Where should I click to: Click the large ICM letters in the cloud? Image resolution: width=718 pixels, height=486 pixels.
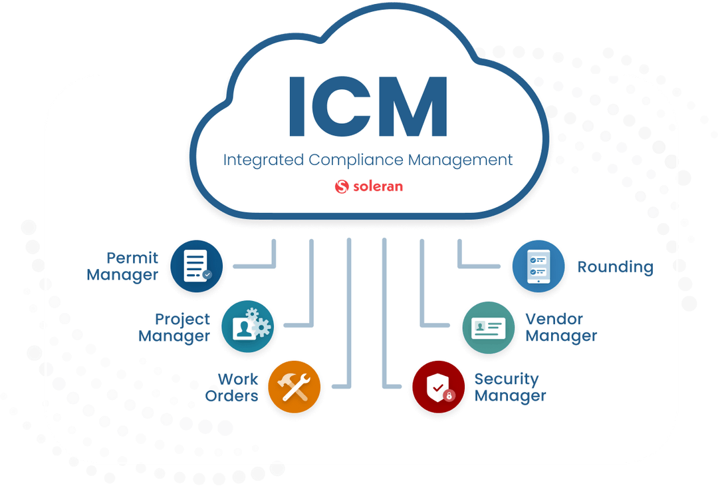(x=368, y=107)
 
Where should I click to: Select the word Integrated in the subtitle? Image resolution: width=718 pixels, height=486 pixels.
(x=263, y=160)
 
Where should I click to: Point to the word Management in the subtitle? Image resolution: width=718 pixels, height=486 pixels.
(x=460, y=160)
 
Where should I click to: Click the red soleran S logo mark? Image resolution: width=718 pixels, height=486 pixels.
(x=342, y=186)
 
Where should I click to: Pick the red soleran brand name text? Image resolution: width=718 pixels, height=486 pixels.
(x=378, y=186)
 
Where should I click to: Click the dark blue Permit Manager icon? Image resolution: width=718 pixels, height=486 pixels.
(x=196, y=266)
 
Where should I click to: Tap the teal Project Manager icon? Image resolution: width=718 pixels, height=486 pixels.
(x=248, y=326)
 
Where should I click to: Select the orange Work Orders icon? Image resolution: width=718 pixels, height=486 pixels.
(x=294, y=387)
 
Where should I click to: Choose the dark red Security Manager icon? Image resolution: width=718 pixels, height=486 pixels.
(x=438, y=387)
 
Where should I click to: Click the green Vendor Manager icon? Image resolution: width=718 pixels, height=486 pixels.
(x=489, y=328)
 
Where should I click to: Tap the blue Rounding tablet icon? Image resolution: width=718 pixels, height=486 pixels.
(x=538, y=266)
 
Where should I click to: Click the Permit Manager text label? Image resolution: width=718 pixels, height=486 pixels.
(x=122, y=266)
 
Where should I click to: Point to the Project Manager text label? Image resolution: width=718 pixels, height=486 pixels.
(x=174, y=328)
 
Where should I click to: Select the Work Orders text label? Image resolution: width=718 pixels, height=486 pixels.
(x=231, y=387)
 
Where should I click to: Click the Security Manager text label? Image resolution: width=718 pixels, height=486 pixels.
(x=510, y=387)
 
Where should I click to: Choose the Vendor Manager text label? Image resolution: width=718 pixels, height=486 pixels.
(x=561, y=328)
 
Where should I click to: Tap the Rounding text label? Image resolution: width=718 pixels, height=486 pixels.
(x=615, y=267)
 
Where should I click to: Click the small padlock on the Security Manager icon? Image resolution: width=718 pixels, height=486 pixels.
(x=449, y=395)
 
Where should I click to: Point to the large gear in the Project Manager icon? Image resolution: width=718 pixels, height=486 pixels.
(x=261, y=328)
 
